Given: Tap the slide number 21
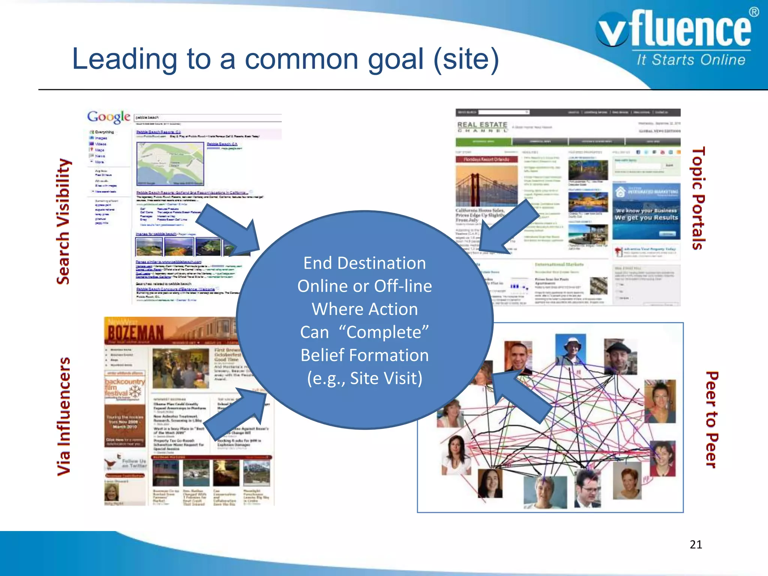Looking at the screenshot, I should pos(696,544).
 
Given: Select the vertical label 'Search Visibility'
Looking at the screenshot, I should pos(63,221).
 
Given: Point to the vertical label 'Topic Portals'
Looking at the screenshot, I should pos(698,198).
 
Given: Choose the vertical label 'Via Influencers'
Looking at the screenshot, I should pos(64,416).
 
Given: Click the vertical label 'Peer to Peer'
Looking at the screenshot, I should pos(712,419).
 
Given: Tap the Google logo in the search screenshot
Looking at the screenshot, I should pos(109,117).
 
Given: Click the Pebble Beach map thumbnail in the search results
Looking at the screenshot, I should pos(170,164).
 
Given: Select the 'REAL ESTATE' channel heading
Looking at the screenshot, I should pos(482,125).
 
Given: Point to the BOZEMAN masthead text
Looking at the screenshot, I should pos(136,332).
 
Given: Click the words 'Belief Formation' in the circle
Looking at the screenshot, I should pos(364,355).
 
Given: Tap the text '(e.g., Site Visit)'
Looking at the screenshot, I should pos(364,378).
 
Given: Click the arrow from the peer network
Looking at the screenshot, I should pos(519,396).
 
